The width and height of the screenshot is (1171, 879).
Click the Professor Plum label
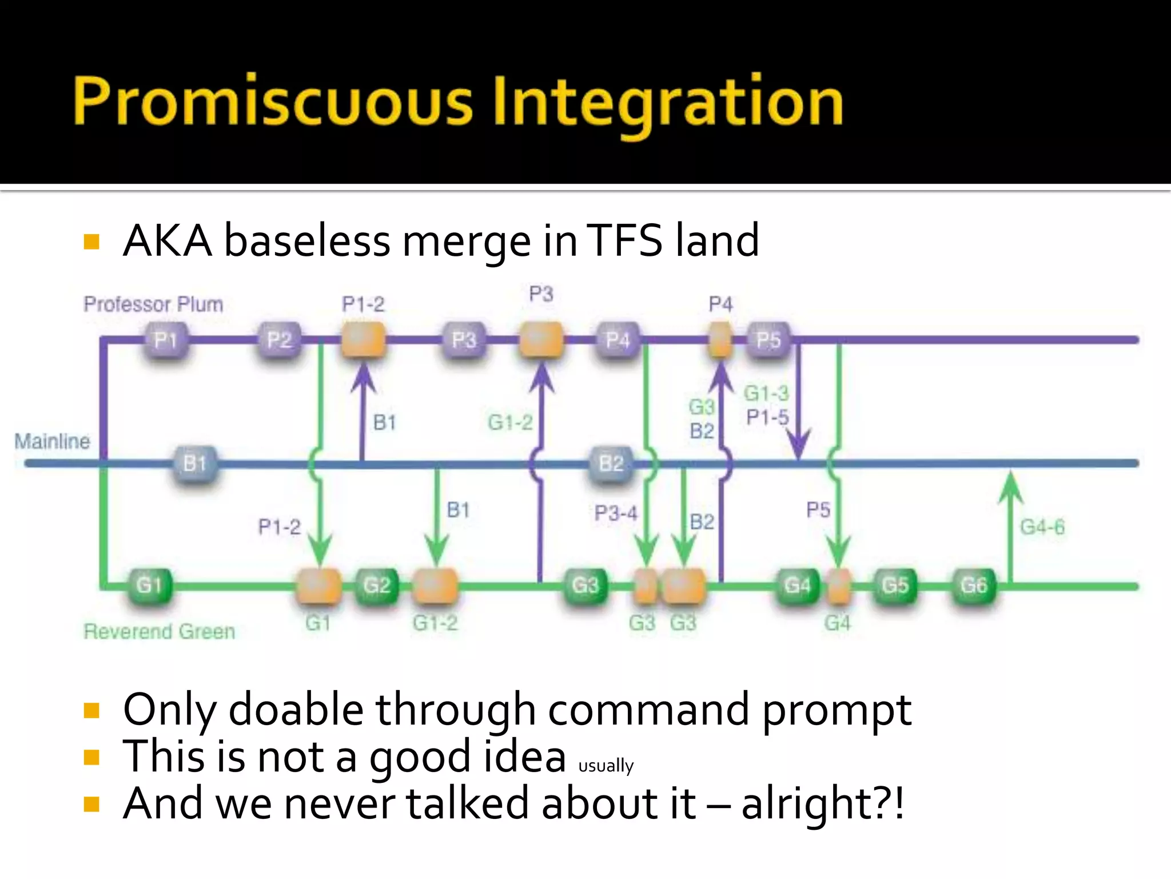(153, 304)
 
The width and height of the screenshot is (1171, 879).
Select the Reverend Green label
(159, 631)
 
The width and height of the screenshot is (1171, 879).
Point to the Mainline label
(52, 441)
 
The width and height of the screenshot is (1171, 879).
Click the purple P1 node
(165, 340)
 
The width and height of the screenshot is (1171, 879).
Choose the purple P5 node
(768, 340)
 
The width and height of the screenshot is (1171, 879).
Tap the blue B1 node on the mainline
(194, 463)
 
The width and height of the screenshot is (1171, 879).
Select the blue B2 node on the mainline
(611, 463)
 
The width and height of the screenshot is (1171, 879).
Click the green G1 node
(149, 585)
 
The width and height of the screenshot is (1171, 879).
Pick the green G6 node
(973, 585)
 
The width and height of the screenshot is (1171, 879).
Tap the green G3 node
(585, 585)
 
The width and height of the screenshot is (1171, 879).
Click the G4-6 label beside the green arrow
(1042, 526)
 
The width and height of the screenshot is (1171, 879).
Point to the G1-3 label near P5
(766, 393)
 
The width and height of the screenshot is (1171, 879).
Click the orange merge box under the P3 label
(540, 339)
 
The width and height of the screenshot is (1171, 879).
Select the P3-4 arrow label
(615, 512)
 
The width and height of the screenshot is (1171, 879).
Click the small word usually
(606, 766)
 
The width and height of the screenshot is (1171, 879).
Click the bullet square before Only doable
(91, 711)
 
